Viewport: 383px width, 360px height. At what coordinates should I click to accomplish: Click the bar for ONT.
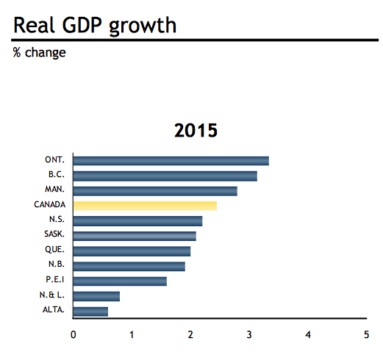point(171,161)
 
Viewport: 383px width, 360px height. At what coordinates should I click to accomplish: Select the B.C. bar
point(165,176)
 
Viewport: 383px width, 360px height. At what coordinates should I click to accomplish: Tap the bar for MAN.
point(155,191)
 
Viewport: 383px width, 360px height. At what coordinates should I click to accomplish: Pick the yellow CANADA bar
point(145,206)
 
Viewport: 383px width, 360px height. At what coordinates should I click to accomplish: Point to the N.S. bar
point(137,221)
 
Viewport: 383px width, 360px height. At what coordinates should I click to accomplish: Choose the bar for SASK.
point(135,236)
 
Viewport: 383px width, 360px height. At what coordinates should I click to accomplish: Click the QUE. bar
point(132,251)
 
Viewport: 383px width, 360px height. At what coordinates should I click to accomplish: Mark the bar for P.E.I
point(120,281)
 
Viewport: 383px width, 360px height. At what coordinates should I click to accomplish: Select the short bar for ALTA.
point(90,311)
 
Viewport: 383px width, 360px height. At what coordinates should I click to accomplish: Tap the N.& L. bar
point(96,296)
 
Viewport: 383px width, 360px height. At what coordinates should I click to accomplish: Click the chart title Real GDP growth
point(95,25)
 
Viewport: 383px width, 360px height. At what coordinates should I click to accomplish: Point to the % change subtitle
point(40,53)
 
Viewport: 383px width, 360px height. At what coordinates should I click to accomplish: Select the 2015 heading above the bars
point(196,132)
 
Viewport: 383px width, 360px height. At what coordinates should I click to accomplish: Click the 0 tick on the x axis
point(74,335)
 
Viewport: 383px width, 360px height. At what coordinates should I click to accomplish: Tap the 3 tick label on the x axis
point(249,335)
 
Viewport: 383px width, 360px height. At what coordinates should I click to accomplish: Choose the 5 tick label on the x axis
point(366,335)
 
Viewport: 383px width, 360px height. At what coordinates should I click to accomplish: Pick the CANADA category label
point(49,205)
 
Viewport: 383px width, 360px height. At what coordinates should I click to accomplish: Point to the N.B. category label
point(56,264)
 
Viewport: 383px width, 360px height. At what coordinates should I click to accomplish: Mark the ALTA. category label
point(54,310)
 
